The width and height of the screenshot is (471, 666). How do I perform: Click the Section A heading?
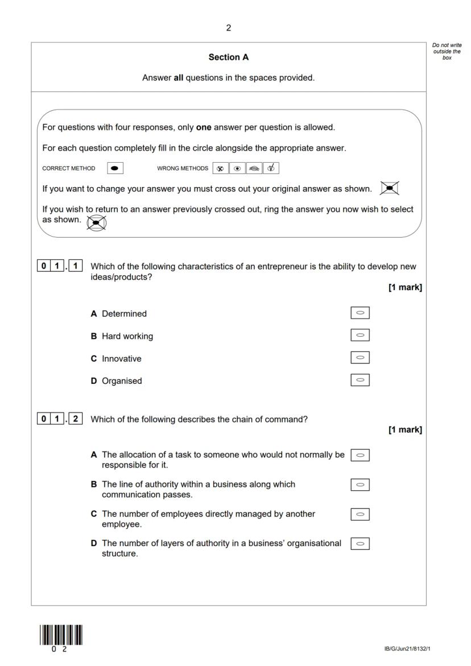[x=229, y=57]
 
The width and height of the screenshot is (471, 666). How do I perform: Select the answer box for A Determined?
[x=360, y=313]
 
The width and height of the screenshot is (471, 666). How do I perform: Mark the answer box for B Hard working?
[x=360, y=335]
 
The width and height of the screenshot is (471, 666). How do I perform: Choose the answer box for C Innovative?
[x=360, y=358]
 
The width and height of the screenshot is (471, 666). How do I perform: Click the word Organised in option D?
[x=122, y=381]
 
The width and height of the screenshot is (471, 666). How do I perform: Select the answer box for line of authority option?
[x=360, y=485]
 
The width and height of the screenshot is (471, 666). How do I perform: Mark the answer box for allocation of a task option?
[x=360, y=455]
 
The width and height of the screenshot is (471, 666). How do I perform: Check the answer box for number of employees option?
[x=360, y=514]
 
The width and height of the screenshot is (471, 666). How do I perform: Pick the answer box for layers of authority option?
[x=360, y=544]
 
